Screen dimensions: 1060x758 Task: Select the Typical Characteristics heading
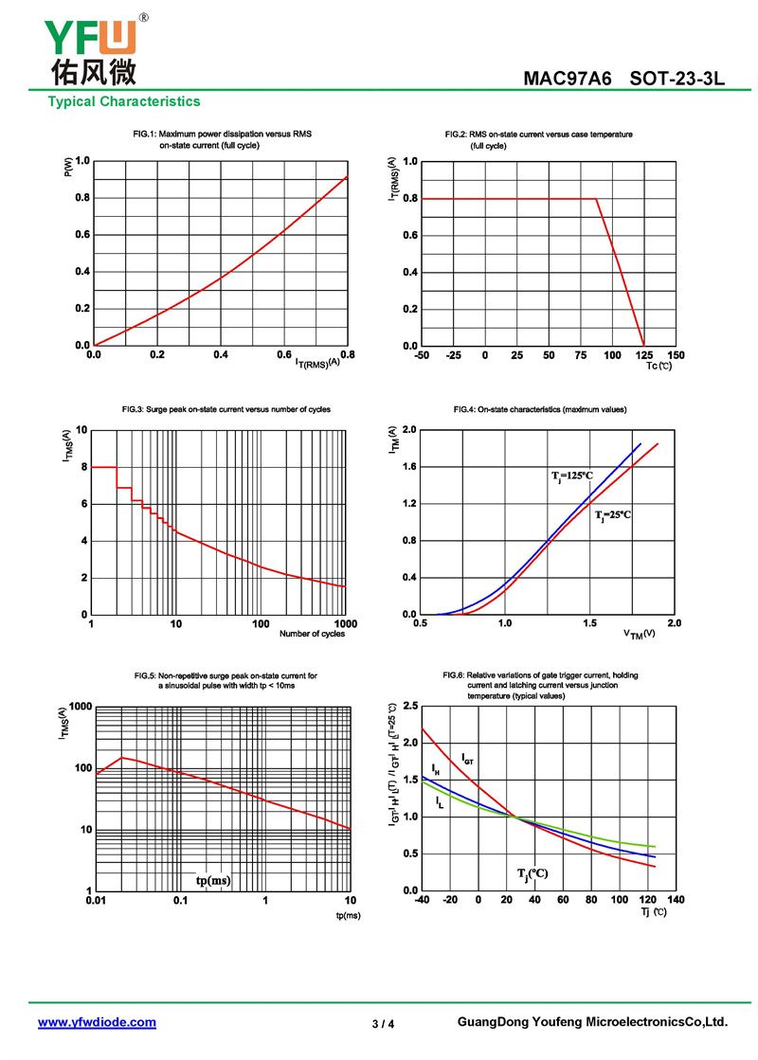point(124,101)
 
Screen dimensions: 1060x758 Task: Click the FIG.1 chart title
point(221,140)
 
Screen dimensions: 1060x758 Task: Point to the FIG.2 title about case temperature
point(538,140)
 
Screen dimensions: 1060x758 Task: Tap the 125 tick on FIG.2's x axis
point(644,355)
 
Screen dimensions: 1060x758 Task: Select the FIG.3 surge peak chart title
point(226,409)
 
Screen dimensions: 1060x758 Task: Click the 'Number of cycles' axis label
point(312,634)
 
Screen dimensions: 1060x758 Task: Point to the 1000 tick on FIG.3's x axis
point(345,624)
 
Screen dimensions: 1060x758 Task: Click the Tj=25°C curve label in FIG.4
point(612,514)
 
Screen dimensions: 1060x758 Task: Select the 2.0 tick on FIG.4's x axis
point(675,623)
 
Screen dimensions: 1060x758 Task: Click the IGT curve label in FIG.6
point(468,758)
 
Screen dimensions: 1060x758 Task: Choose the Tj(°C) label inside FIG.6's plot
point(532,872)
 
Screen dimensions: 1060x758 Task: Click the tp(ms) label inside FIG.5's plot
point(213,880)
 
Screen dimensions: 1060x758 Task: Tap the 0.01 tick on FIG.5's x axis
point(96,900)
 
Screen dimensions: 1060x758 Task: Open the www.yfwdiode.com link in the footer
point(97,1022)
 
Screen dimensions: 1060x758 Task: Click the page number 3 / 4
point(383,1024)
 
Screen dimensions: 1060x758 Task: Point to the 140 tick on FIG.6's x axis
point(676,900)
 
